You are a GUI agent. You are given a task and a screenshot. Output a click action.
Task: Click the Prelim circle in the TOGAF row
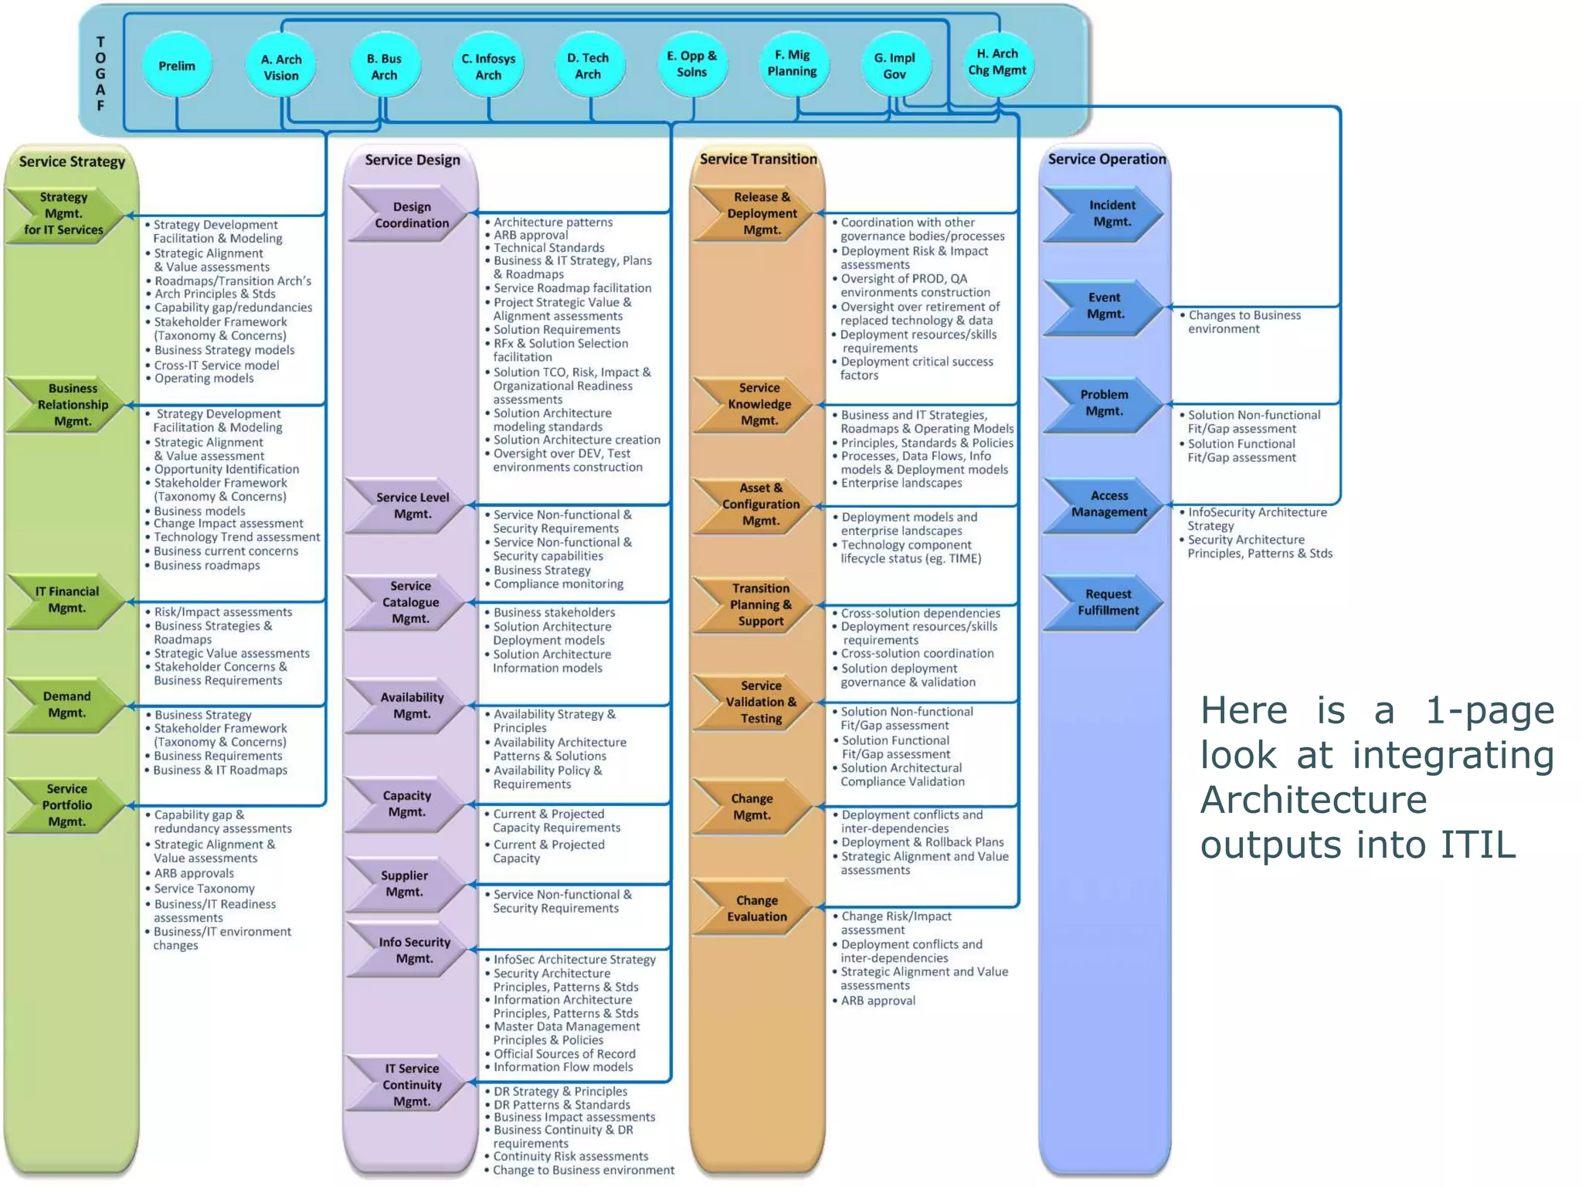pyautogui.click(x=177, y=66)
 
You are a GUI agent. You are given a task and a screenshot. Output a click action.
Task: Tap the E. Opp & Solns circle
pyautogui.click(x=691, y=64)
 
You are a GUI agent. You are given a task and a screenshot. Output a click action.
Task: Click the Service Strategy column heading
pyautogui.click(x=72, y=162)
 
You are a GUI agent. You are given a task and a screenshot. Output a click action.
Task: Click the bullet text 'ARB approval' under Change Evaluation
pyautogui.click(x=878, y=1001)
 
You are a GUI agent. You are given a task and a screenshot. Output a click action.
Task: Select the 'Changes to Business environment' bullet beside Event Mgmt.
pyautogui.click(x=1243, y=321)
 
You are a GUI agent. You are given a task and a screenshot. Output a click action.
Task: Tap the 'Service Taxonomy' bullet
pyautogui.click(x=204, y=889)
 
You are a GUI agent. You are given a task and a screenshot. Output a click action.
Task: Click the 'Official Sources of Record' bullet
pyautogui.click(x=564, y=1054)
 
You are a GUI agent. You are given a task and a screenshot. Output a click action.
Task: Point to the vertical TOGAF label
pyautogui.click(x=100, y=73)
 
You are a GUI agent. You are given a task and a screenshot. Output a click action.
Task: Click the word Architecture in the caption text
pyautogui.click(x=1313, y=800)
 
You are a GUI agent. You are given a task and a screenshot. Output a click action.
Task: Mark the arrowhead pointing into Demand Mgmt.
pyautogui.click(x=131, y=706)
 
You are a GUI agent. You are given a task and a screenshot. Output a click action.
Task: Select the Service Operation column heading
pyautogui.click(x=1106, y=159)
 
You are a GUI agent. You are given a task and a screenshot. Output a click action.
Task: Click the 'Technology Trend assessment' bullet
pyautogui.click(x=236, y=537)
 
